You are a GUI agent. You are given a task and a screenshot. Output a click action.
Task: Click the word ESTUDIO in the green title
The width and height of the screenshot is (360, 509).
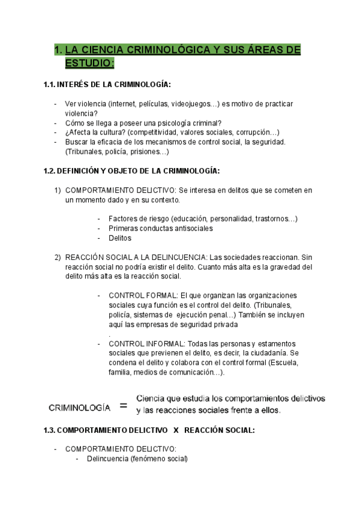[88, 62]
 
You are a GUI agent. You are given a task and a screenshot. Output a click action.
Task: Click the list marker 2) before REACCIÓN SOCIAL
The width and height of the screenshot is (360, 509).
[58, 257]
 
